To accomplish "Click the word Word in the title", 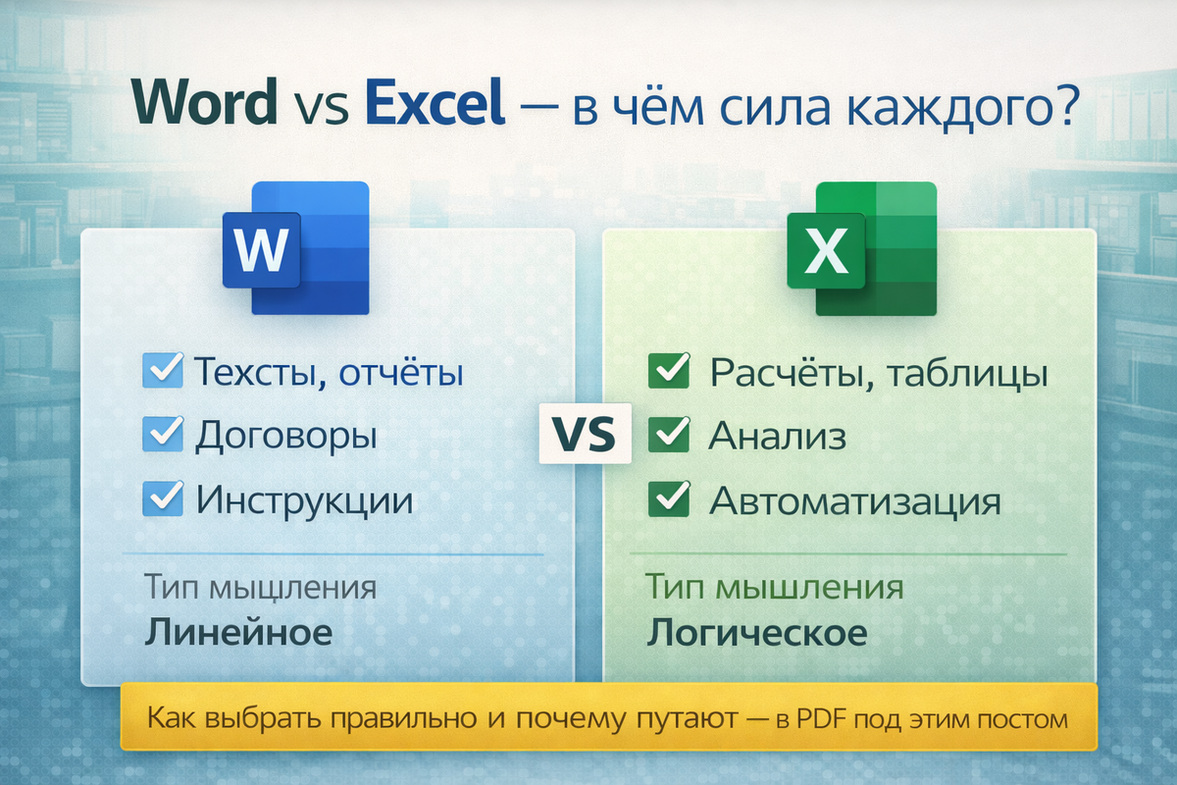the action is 204,101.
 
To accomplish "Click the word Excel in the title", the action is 435,101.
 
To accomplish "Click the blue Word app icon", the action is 296,248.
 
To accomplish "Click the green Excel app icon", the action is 862,248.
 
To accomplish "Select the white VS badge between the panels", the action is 585,434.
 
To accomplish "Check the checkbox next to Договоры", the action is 163,434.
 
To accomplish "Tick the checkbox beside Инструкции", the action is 163,497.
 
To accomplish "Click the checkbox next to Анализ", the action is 669,434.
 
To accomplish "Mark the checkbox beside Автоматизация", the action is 669,498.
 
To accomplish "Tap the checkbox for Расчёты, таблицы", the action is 669,370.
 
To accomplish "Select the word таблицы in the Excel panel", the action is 968,375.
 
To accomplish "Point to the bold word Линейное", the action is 238,632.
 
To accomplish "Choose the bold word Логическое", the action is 756,633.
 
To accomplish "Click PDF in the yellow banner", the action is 823,718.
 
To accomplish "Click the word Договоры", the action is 286,436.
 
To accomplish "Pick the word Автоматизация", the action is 855,501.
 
